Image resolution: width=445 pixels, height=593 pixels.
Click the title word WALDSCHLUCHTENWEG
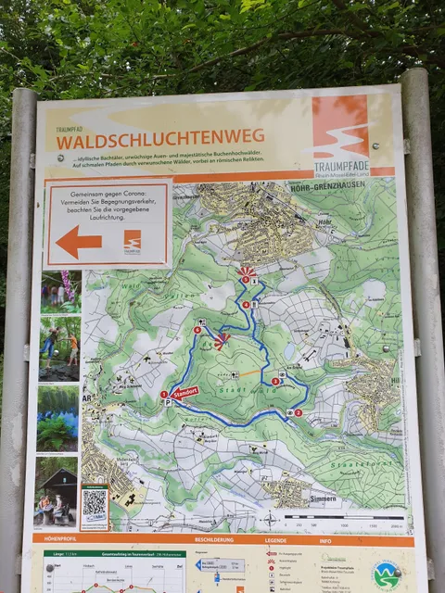click(159, 141)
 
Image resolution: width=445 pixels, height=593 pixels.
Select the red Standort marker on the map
click(183, 393)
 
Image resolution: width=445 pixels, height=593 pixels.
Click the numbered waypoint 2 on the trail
click(298, 412)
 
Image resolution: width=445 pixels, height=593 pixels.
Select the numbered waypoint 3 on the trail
click(274, 381)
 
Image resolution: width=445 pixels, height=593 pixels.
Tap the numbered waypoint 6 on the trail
click(197, 330)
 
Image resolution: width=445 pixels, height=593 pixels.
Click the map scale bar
click(343, 518)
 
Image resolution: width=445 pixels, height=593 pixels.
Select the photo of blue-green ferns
click(58, 418)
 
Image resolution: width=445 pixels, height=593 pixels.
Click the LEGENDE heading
click(275, 538)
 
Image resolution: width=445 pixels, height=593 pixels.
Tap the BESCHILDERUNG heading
click(214, 538)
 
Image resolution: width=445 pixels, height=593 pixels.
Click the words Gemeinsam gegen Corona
click(104, 196)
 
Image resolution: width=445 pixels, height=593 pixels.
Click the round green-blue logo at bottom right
click(386, 574)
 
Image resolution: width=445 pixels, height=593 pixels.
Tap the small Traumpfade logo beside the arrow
click(133, 242)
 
